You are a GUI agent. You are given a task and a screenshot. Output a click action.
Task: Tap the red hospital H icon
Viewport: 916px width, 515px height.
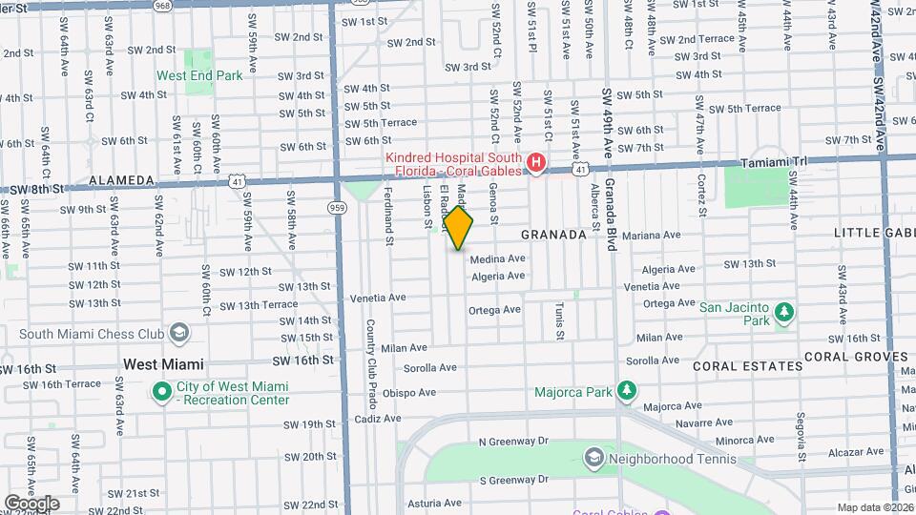pyautogui.click(x=537, y=163)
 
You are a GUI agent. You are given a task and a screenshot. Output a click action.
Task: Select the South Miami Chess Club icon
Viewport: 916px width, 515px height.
pyautogui.click(x=178, y=333)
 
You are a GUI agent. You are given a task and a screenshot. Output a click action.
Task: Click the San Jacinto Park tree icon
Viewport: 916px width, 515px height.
pyautogui.click(x=783, y=313)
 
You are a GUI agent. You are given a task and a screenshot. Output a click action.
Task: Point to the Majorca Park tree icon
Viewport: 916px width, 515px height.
pyautogui.click(x=626, y=391)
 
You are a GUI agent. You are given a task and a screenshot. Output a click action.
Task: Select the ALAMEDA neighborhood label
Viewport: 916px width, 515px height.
pyautogui.click(x=121, y=179)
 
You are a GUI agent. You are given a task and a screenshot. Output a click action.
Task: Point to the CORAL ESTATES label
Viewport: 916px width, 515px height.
pyautogui.click(x=747, y=366)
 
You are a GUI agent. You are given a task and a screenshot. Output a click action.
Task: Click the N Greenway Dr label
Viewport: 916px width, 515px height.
pyautogui.click(x=513, y=442)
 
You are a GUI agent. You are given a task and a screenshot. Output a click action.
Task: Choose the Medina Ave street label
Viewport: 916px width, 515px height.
pyautogui.click(x=498, y=258)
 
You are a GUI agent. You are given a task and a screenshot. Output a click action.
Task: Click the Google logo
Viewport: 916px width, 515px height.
pyautogui.click(x=31, y=504)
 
